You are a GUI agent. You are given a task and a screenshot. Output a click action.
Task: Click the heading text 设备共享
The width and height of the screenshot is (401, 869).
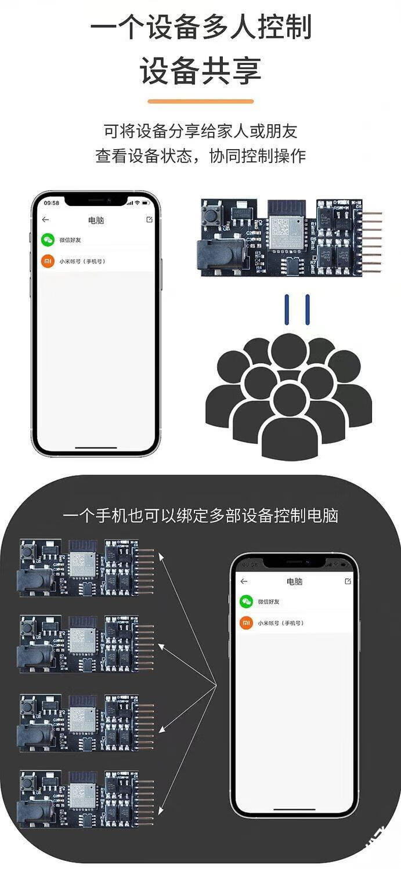coord(200,70)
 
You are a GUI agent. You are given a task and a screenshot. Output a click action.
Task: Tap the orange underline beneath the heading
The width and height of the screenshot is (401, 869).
coord(200,102)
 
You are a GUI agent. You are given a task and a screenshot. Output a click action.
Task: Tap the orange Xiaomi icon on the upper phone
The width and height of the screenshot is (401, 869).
coord(48,261)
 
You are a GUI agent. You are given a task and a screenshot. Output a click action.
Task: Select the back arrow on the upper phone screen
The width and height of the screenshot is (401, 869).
coord(46,220)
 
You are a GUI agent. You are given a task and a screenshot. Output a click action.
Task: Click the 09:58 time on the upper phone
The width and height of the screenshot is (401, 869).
coord(52,202)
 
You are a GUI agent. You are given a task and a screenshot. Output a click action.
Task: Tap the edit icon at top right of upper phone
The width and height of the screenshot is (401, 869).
coord(149,220)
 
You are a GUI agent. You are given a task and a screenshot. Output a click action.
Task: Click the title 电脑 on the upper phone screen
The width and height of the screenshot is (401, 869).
coord(96,220)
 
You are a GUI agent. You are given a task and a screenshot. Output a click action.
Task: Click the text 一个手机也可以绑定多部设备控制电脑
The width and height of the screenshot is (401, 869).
coord(200,516)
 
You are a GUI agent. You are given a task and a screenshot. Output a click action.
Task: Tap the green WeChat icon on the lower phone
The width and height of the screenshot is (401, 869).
coord(246,602)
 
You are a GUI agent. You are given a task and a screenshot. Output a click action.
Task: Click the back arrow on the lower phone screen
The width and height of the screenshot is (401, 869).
coord(244,581)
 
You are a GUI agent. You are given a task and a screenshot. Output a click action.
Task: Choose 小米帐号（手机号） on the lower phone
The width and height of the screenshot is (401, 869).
coord(281,623)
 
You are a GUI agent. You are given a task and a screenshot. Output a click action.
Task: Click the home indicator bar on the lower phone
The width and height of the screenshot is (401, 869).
coord(294,810)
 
